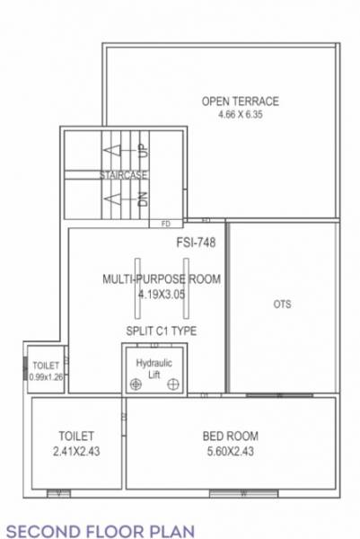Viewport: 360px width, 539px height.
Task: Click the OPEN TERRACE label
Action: pyautogui.click(x=240, y=101)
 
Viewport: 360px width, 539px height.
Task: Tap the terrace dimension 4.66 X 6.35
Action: pyautogui.click(x=240, y=114)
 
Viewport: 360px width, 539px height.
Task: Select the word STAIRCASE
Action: pyautogui.click(x=124, y=174)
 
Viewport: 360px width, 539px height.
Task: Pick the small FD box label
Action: pyautogui.click(x=166, y=223)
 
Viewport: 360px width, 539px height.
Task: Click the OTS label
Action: pyautogui.click(x=282, y=305)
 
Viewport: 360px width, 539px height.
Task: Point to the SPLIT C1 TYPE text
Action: pyautogui.click(x=162, y=331)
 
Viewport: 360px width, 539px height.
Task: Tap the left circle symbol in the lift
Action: pyautogui.click(x=135, y=384)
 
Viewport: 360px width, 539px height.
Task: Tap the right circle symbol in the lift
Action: pyautogui.click(x=171, y=384)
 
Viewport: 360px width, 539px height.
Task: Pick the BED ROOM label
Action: pyautogui.click(x=231, y=437)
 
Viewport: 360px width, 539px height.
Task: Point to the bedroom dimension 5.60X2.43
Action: pyautogui.click(x=231, y=451)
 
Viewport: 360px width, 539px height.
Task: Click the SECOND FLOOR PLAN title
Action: pyautogui.click(x=91, y=523)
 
